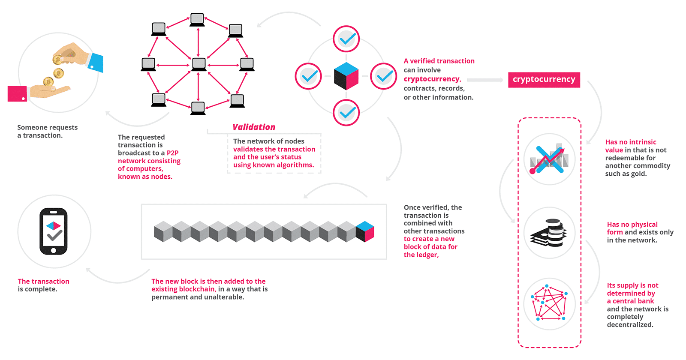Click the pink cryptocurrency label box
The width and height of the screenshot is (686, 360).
tap(544, 80)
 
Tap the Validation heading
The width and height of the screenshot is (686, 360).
tap(254, 127)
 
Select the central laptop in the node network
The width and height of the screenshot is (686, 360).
tap(199, 64)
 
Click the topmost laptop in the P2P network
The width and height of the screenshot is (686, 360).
tap(197, 20)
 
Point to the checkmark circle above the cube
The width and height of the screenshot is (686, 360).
tap(346, 39)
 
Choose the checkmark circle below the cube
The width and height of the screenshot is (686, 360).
tap(346, 113)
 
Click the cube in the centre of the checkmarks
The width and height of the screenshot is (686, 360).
tap(346, 76)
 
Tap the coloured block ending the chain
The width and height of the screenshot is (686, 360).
tap(365, 231)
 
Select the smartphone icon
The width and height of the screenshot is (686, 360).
tap(54, 231)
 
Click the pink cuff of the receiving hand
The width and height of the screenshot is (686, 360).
tap(17, 94)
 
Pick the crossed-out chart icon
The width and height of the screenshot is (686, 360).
tap(549, 159)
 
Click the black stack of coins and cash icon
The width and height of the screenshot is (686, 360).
tap(549, 233)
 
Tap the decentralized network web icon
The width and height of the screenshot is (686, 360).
tap(549, 303)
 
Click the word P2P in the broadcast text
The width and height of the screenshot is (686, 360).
tap(172, 153)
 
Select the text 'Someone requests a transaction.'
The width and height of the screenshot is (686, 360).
tap(47, 131)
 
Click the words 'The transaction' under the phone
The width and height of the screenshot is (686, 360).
tap(43, 282)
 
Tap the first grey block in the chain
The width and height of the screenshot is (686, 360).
tap(163, 231)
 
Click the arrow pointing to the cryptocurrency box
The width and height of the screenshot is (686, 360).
tap(485, 80)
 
